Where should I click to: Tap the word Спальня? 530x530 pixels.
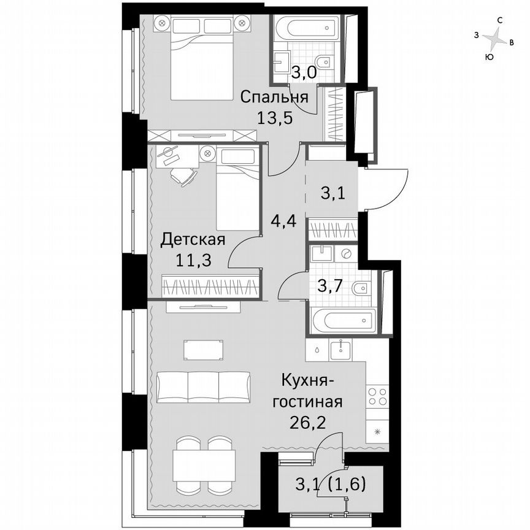click(274, 98)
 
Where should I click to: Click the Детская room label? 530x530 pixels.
click(193, 239)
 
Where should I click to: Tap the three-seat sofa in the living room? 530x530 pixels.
click(204, 386)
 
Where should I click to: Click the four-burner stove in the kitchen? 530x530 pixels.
click(377, 396)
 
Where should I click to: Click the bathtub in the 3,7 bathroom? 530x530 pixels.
click(343, 321)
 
